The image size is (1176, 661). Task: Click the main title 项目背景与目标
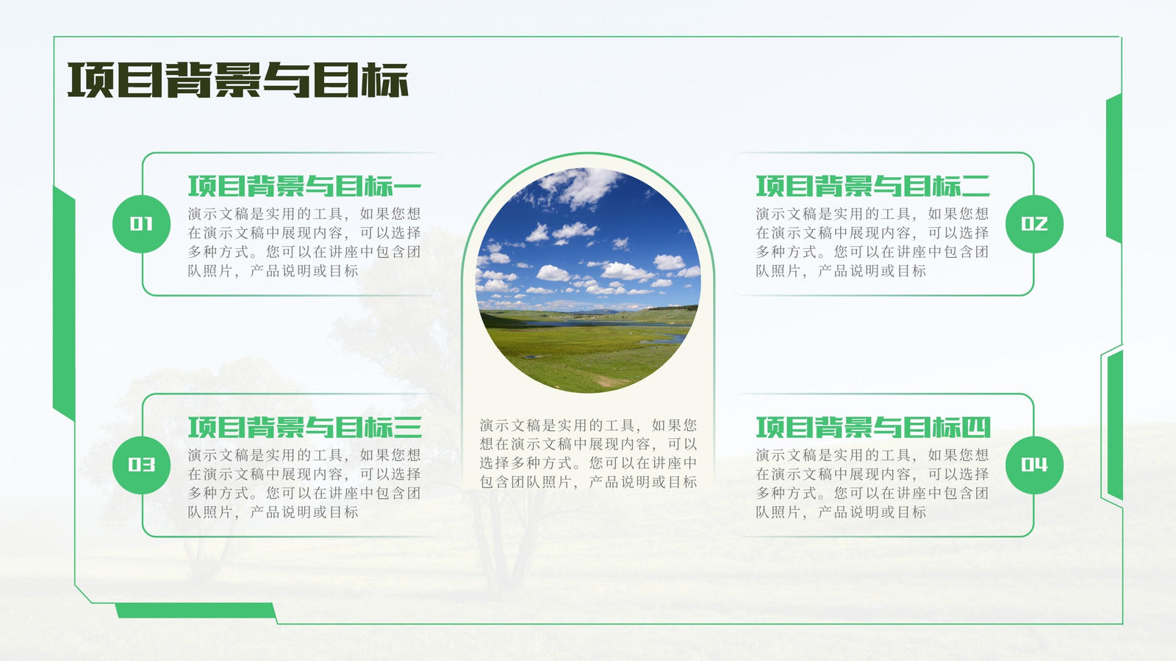[x=238, y=80]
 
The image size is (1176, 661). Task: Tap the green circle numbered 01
[x=141, y=224]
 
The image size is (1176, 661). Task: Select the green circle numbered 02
[x=1034, y=224]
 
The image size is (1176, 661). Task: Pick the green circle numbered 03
[x=141, y=465]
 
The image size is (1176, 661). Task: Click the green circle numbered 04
[x=1034, y=465]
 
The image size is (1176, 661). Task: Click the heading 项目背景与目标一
[x=305, y=187]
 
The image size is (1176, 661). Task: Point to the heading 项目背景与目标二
[x=872, y=187]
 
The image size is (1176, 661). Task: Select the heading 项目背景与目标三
[x=305, y=427]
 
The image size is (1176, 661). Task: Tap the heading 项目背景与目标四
[x=872, y=427]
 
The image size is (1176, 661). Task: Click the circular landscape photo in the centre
[x=588, y=280]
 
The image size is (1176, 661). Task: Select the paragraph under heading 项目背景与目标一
[x=304, y=242]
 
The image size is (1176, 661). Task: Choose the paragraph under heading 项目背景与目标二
[x=872, y=242]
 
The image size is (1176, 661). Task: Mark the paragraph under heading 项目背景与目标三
[x=304, y=483]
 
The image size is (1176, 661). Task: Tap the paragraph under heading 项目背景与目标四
[x=872, y=483]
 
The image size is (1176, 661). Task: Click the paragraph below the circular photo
[x=588, y=454]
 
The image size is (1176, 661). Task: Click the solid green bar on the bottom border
[x=196, y=610]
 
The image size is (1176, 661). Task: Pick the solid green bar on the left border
[x=64, y=303]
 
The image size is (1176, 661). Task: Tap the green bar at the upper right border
[x=1114, y=168]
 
